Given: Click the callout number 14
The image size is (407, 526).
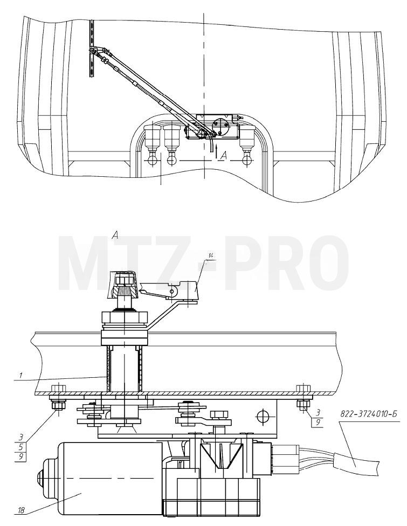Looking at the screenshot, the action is [211, 256].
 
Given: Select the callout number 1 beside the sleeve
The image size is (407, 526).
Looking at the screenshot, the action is [20, 376].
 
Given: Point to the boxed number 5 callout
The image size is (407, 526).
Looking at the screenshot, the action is [20, 447].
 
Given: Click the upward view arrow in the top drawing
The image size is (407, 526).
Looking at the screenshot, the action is [217, 151].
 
